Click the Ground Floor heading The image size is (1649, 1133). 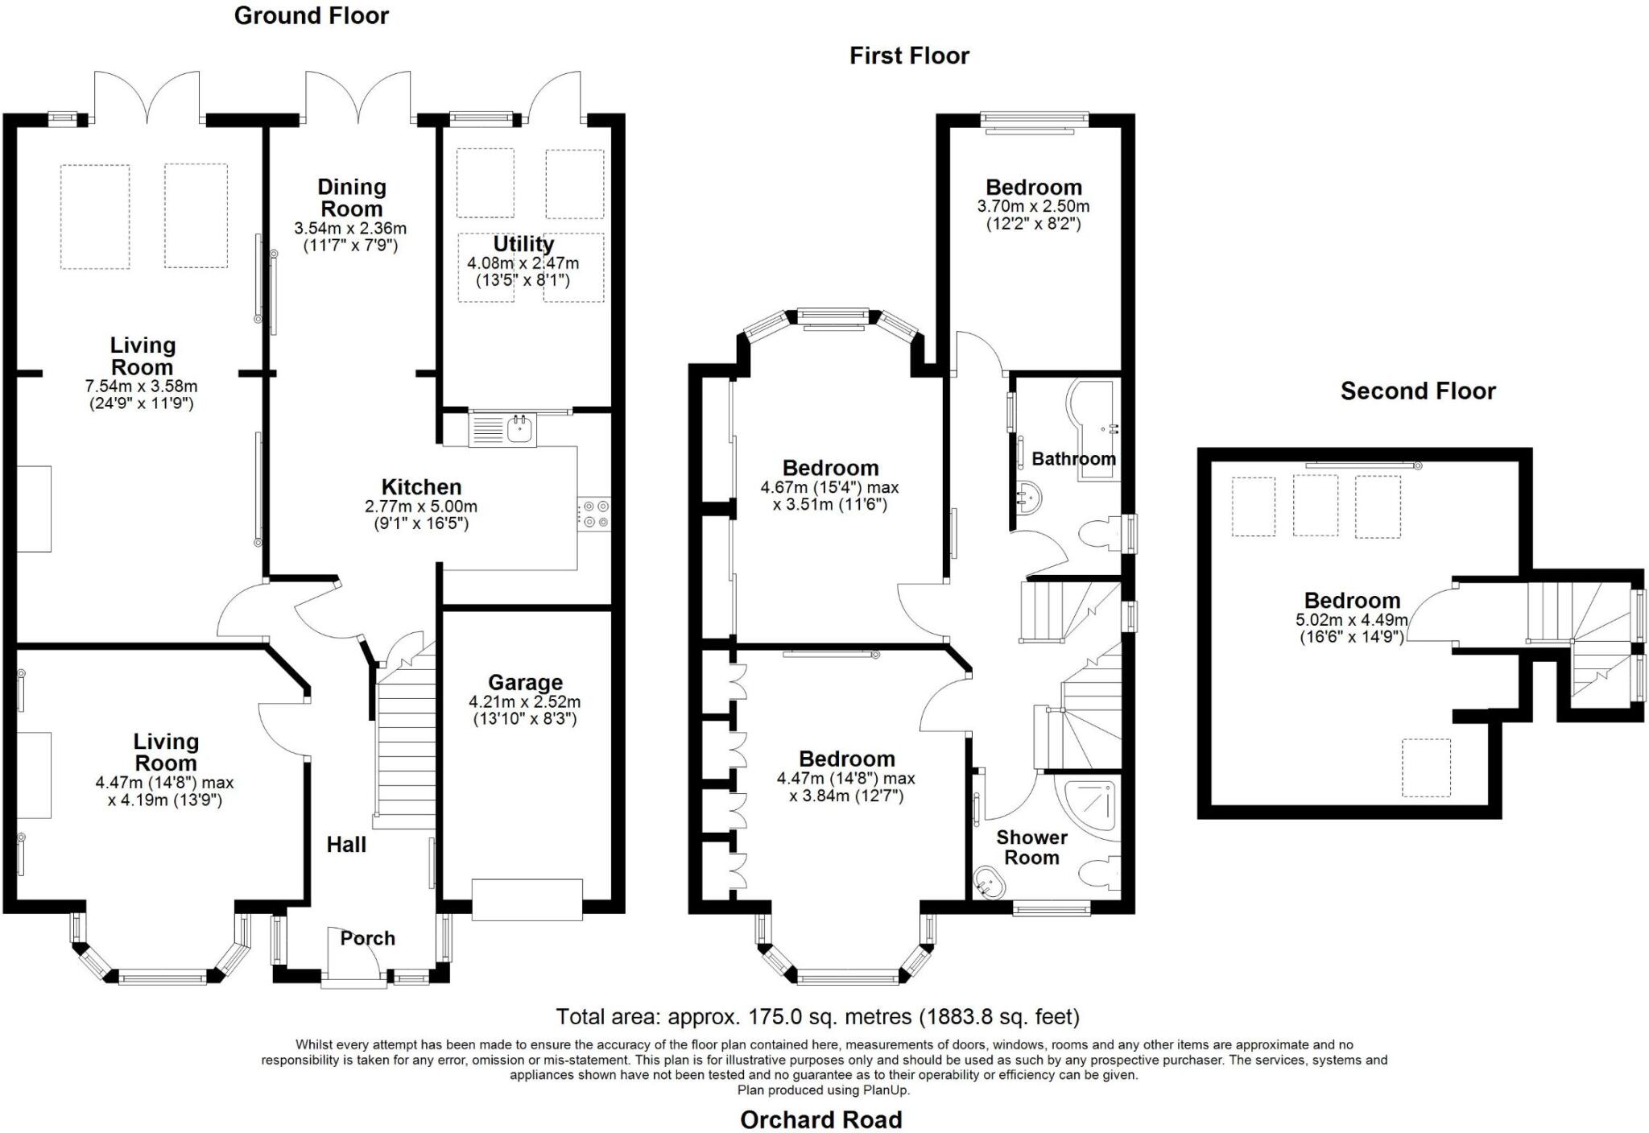[x=312, y=16]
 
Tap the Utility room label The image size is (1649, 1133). [x=523, y=244]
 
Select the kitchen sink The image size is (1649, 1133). [x=502, y=429]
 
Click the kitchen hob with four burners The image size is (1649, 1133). [x=594, y=514]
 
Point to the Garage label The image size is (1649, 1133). [x=525, y=683]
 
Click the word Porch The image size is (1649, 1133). [x=367, y=938]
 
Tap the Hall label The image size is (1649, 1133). [x=346, y=845]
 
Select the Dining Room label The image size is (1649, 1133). [x=352, y=198]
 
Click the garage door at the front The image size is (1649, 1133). [x=527, y=899]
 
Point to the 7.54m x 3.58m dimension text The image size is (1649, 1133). [x=142, y=387]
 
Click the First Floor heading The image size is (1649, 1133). [x=909, y=56]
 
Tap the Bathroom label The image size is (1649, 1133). [x=1073, y=459]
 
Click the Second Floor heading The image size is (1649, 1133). [x=1418, y=391]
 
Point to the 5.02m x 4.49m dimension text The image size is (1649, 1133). [x=1352, y=620]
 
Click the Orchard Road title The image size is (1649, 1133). [x=821, y=1119]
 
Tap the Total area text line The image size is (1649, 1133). [x=818, y=1017]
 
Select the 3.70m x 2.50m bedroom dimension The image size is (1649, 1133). [x=1033, y=206]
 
